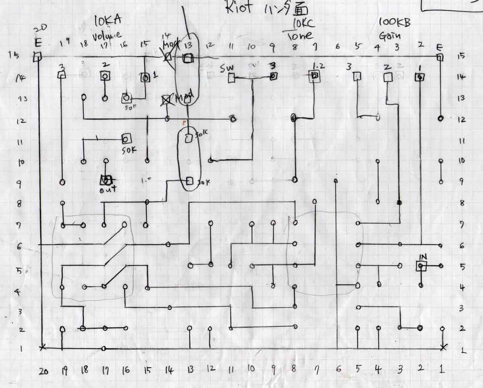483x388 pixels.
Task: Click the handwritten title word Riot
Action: point(239,8)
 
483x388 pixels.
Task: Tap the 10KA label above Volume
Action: point(107,21)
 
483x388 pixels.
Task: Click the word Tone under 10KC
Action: point(299,36)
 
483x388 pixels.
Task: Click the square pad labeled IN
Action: point(421,266)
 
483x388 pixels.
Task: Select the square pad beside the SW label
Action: point(231,79)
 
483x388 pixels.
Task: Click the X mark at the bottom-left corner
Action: point(43,347)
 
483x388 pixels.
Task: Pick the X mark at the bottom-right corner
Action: point(443,347)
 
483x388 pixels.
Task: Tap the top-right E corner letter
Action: point(440,47)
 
